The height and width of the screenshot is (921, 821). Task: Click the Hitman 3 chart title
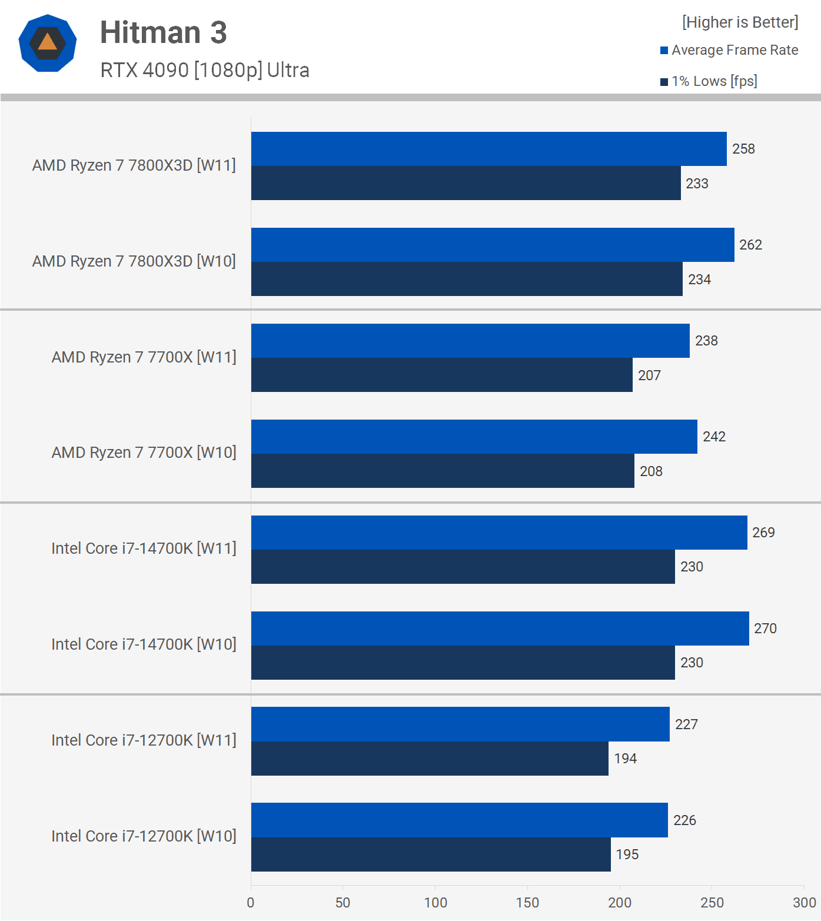[163, 32]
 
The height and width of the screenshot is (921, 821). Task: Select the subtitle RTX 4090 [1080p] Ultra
[204, 70]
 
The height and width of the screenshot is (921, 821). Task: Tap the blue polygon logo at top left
[48, 43]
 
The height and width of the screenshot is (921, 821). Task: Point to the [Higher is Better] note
[740, 22]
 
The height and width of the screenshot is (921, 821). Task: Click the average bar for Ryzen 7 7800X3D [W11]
[488, 149]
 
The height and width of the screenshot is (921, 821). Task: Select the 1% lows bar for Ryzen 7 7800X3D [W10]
[467, 279]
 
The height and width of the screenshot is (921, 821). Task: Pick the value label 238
[706, 341]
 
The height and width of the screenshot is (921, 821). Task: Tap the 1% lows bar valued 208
[443, 471]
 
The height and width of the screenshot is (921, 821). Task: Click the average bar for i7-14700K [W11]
[499, 533]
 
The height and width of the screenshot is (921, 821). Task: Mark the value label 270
[765, 629]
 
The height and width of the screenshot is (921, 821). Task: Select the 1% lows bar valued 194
[430, 759]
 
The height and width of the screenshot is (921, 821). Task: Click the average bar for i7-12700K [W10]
[459, 820]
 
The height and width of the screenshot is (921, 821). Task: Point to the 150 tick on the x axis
[527, 903]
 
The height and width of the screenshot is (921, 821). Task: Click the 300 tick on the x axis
[804, 903]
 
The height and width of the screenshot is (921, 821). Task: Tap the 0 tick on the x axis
[251, 903]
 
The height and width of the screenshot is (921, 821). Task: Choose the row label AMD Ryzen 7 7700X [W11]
[144, 357]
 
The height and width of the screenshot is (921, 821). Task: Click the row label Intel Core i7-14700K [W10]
[144, 644]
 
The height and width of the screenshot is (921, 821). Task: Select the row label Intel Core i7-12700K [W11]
[144, 740]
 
